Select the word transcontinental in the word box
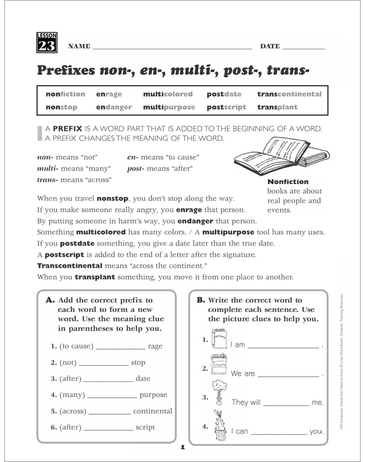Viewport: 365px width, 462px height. [x=289, y=94]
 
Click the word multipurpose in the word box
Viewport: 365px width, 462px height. [x=169, y=107]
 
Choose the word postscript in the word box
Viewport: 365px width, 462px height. [x=228, y=107]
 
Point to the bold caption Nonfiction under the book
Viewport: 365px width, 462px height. [x=287, y=182]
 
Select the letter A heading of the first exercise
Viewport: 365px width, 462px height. [x=50, y=300]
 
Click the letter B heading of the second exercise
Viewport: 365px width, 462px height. [x=201, y=300]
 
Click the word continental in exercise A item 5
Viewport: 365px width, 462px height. [x=153, y=411]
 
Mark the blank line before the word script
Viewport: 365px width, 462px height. [x=108, y=428]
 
